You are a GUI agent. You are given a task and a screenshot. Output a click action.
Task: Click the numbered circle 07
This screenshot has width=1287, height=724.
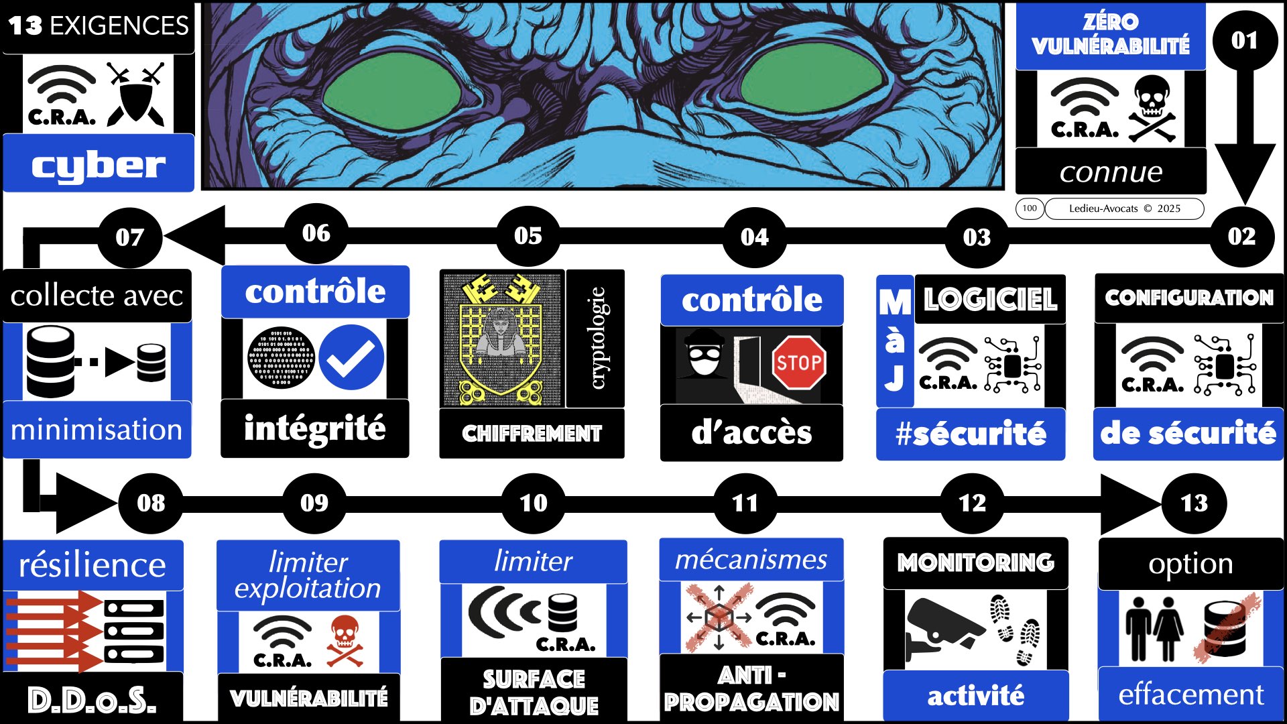129,237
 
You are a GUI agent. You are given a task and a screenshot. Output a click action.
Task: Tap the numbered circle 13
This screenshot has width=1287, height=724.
1194,503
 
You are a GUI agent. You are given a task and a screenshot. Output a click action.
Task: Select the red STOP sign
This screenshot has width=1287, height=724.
798,363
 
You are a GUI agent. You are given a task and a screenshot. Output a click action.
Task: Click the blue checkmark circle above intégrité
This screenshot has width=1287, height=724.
351,357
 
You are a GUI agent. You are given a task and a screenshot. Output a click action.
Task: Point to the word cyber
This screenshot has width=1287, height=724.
99,165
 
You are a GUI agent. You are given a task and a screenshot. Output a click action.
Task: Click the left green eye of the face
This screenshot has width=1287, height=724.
392,95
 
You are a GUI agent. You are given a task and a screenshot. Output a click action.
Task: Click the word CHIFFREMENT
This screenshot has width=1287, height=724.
532,434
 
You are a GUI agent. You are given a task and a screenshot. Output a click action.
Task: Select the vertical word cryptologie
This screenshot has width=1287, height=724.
596,338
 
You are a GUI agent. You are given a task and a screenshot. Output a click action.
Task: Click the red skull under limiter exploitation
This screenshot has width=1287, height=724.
345,641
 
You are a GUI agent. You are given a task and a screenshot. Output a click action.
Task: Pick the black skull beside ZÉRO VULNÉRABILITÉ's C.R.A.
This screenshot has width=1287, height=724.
1152,107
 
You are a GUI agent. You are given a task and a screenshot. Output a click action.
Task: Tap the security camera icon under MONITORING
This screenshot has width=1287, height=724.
942,627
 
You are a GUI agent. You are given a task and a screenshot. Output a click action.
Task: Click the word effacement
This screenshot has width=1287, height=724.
1190,695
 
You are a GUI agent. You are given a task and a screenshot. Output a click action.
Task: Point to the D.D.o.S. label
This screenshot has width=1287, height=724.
92,699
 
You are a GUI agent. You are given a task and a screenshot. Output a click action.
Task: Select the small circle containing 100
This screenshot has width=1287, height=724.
1030,208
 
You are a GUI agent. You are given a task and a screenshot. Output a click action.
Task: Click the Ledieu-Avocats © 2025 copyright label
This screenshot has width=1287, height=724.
1124,208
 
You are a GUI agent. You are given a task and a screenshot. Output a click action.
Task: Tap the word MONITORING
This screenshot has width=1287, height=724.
975,562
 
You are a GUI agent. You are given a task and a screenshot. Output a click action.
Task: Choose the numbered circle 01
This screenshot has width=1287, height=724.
1244,40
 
